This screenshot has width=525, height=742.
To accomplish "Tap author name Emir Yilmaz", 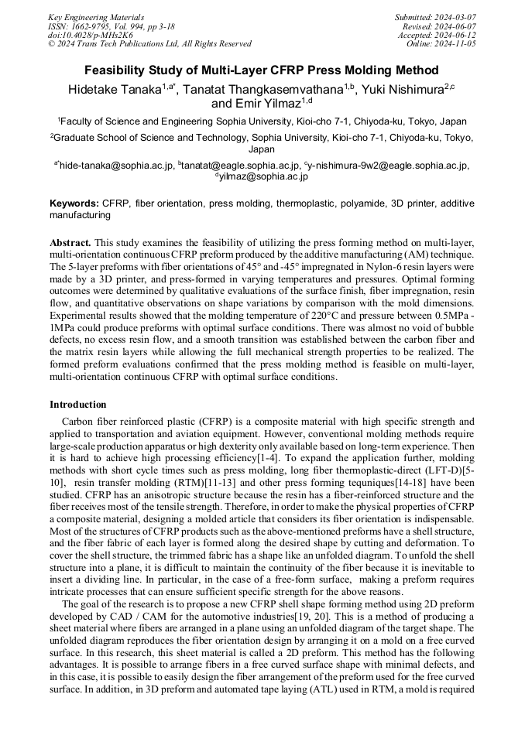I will point(267,103).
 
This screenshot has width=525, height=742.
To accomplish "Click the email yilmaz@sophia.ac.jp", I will point(263,176).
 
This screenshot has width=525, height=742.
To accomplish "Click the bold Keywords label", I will point(74,203).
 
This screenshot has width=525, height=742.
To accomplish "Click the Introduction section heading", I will point(77,405).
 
